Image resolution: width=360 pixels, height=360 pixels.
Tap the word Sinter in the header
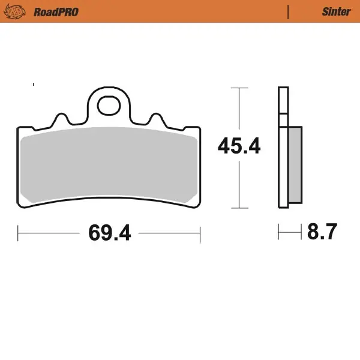point(337,11)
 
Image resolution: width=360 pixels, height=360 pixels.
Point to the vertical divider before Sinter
point(289,11)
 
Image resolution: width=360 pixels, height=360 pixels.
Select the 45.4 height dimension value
point(239,146)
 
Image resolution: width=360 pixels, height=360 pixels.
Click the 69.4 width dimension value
point(109,232)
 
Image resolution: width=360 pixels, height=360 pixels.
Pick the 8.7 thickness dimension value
point(323,231)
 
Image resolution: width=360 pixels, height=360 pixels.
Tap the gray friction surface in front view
point(109,167)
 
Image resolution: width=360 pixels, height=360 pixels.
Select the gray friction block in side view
point(295,166)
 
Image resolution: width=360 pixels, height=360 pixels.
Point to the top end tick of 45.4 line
point(239,88)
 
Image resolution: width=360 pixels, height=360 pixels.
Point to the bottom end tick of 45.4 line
point(239,209)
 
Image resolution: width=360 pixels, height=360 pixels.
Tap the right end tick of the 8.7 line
point(301,231)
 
